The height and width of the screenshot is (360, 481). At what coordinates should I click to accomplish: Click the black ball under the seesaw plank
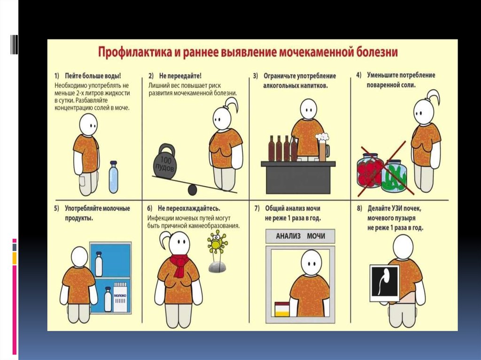tap(192, 190)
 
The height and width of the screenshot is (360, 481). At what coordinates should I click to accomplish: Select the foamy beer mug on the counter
tap(323, 147)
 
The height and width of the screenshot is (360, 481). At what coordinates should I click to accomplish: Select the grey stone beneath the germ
tap(217, 267)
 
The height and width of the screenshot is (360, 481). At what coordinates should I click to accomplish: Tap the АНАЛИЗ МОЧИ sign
tap(300, 236)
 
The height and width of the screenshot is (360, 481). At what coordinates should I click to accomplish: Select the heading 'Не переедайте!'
tap(180, 76)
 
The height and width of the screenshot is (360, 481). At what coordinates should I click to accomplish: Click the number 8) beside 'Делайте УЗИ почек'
tap(359, 208)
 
